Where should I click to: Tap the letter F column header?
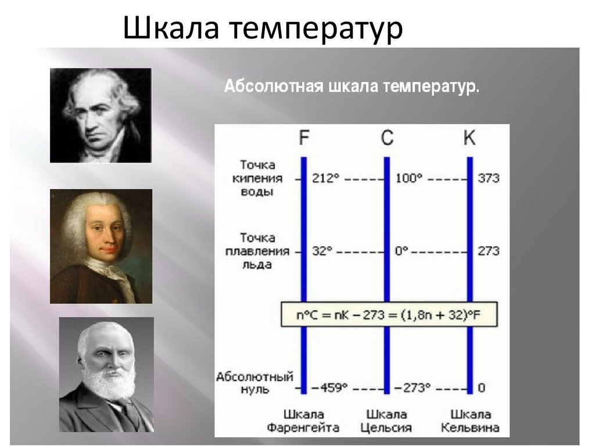point(304,138)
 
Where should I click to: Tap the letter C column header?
point(386,138)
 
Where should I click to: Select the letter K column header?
point(469,138)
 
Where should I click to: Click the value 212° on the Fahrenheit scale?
point(325,178)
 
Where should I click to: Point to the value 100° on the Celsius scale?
point(409,178)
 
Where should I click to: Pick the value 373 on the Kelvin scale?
point(489,178)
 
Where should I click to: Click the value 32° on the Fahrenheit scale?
point(322,251)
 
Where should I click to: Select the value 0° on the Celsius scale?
point(402,251)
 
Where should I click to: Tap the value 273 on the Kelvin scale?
point(489,251)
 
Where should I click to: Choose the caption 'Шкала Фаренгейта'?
point(303,421)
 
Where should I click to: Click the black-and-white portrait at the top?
point(101,115)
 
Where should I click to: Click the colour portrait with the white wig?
point(101,246)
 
